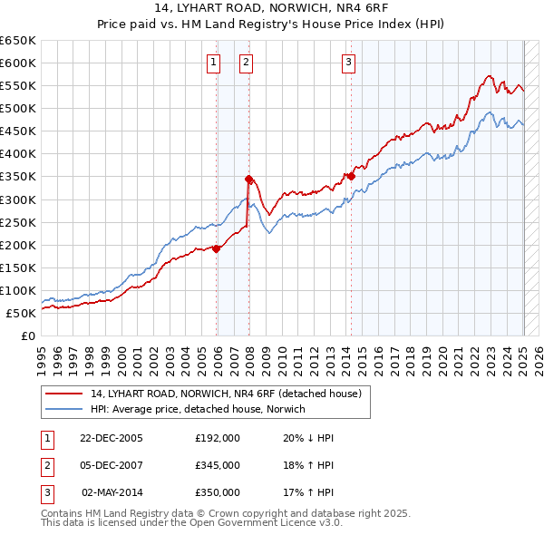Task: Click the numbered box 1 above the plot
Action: pos(213,63)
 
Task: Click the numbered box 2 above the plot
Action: pos(246,63)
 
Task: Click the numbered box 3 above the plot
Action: pos(349,63)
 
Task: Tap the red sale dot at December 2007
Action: pos(248,180)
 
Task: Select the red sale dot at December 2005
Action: pos(217,248)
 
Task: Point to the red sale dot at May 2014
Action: pos(351,177)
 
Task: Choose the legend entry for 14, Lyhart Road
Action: pos(226,394)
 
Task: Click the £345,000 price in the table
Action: pos(218,465)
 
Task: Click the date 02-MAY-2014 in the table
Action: pos(111,492)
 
